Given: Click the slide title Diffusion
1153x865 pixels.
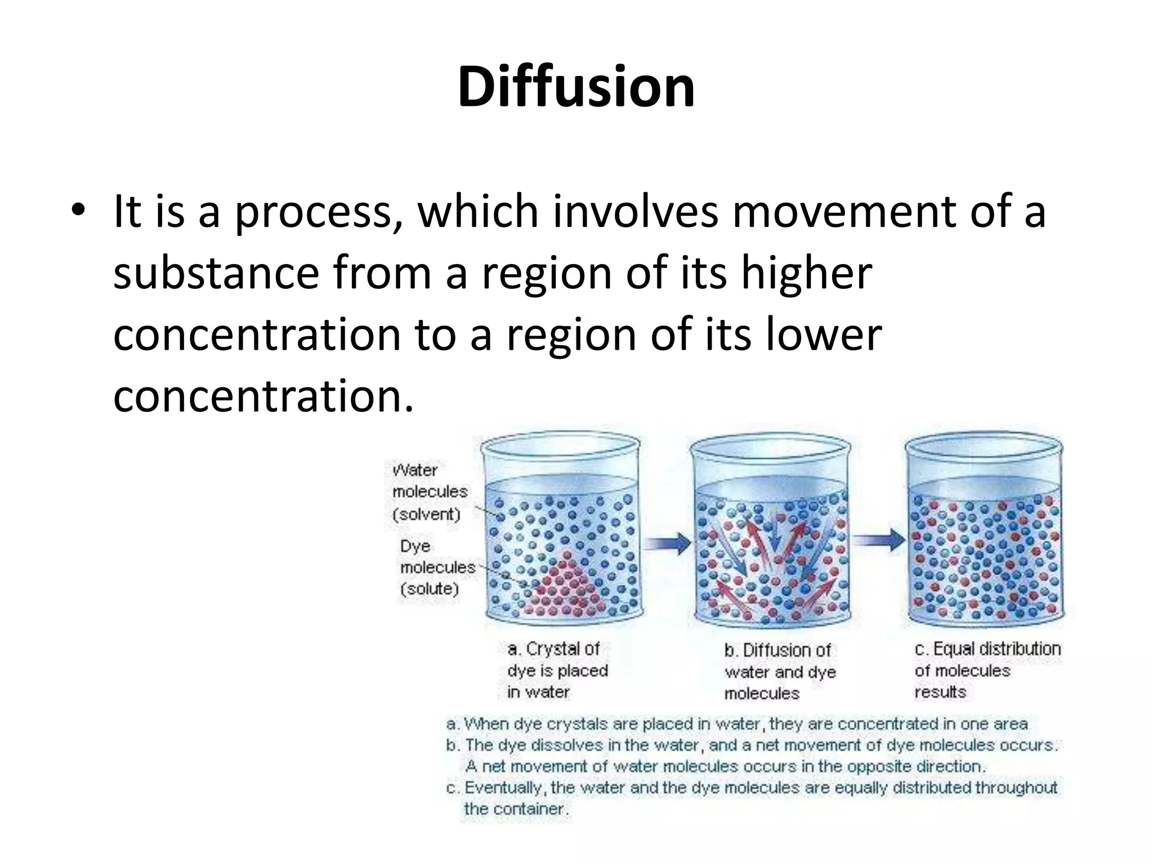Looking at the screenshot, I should coord(576,87).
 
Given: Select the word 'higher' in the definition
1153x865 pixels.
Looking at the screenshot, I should coord(806,273).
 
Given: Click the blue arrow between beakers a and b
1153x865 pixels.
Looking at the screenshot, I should coord(667,543).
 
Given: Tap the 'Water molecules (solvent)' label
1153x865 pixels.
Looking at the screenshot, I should coord(429,492).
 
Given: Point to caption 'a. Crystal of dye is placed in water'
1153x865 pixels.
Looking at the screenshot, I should coord(557,670).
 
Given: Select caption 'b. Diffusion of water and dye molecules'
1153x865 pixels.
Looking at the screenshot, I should coord(779,672).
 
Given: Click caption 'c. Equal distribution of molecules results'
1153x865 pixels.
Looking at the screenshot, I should coord(986,670).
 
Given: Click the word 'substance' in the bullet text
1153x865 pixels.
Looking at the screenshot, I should coord(216,273).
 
